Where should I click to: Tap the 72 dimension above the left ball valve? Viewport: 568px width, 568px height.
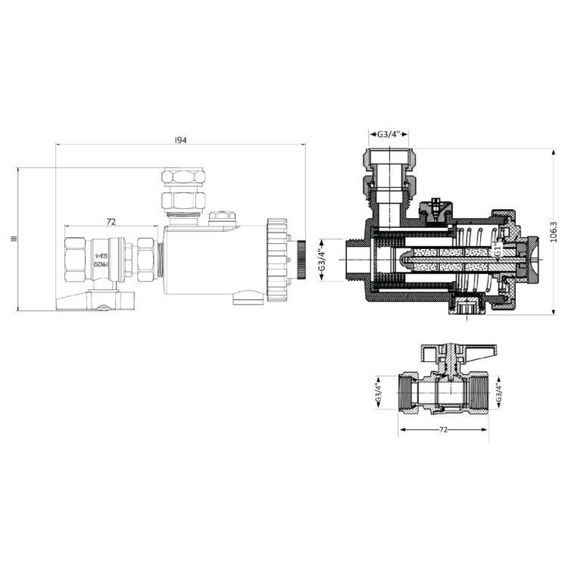click(111, 222)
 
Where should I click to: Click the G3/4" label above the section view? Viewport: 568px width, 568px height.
click(389, 135)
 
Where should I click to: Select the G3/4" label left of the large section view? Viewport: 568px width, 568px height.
click(321, 259)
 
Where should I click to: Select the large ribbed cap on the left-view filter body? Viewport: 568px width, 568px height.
click(278, 257)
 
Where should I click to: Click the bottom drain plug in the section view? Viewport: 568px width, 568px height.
click(466, 310)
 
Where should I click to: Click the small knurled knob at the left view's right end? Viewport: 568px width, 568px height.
click(301, 260)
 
